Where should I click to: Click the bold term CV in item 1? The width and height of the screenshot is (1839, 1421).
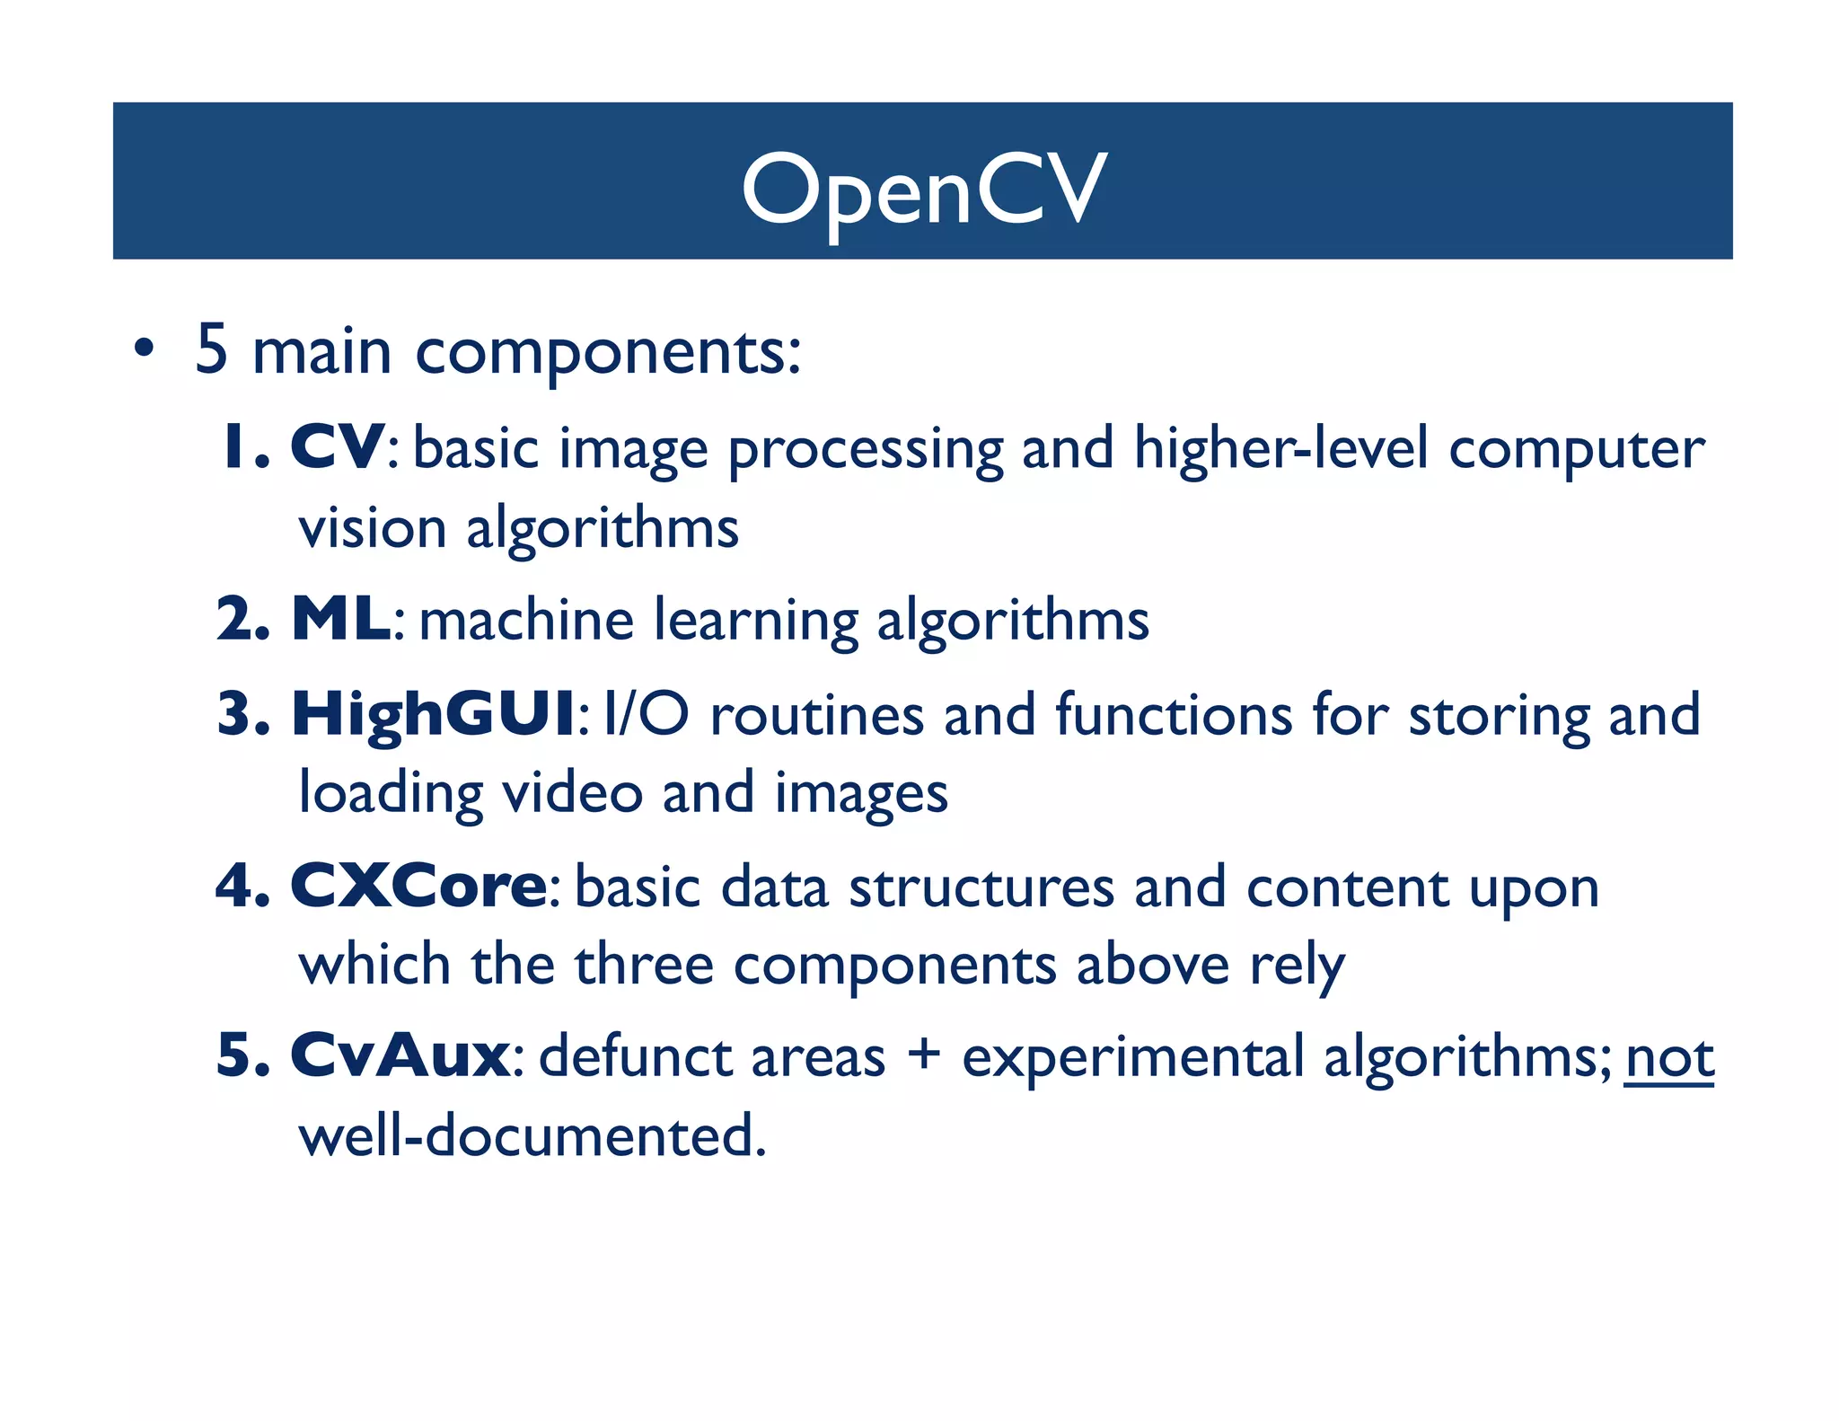338,446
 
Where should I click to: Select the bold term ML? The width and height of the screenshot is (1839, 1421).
342,619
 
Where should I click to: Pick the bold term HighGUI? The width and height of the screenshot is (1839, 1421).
434,714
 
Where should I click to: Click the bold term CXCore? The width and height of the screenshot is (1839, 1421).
418,887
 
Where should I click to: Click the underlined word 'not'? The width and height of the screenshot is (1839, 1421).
1669,1058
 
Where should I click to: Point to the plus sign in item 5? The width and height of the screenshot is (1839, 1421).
923,1054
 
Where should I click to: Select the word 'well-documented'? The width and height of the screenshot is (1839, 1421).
532,1135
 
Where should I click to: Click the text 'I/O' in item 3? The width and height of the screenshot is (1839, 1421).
647,714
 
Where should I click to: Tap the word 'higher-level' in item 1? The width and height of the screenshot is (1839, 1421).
1280,448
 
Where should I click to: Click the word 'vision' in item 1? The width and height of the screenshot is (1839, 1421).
373,528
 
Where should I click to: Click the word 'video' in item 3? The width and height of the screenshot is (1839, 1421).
571,793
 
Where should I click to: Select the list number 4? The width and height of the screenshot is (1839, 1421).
235,887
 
